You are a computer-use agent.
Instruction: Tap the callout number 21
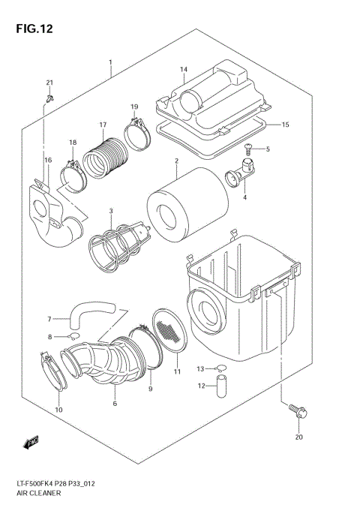coord(50,83)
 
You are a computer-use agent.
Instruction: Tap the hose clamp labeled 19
coord(134,135)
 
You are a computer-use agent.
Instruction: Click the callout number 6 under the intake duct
coord(115,404)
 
